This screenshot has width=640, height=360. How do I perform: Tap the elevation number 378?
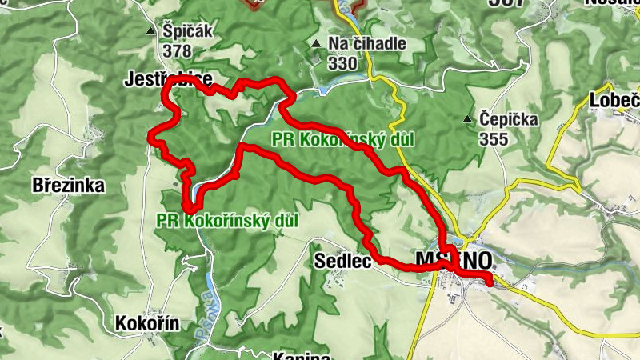pos(177,50)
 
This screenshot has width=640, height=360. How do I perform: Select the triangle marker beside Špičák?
pos(150,32)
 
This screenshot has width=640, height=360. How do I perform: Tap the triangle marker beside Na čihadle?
pos(317,44)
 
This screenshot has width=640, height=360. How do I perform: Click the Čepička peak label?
pos(509,119)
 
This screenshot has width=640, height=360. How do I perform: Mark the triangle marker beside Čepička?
pos(468,120)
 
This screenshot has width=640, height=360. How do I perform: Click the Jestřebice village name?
pos(168,78)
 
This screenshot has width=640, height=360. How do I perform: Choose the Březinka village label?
pos(69,186)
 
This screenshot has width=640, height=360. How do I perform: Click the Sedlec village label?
pos(343,260)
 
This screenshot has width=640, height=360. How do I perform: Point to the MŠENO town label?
pos(454,260)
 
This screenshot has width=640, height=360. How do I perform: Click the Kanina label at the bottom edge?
pos(302,355)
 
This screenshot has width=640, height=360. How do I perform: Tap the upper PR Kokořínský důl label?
pos(343,139)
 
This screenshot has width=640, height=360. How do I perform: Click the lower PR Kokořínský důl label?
pos(228,219)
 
